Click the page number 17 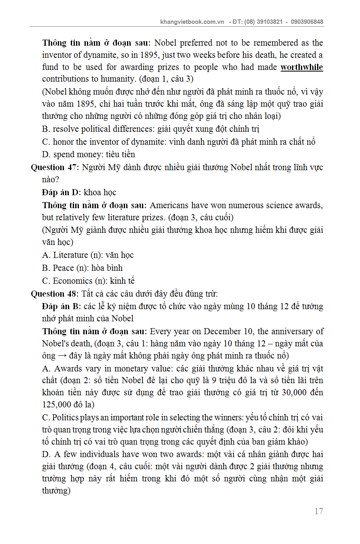click(x=319, y=511)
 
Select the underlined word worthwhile click(x=302, y=67)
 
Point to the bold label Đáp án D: click(x=61, y=192)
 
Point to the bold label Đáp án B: click(x=61, y=306)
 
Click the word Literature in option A click(x=70, y=255)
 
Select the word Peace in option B click(x=63, y=268)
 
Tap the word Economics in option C click(x=72, y=281)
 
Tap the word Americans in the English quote click(x=169, y=205)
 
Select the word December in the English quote click(x=222, y=331)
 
